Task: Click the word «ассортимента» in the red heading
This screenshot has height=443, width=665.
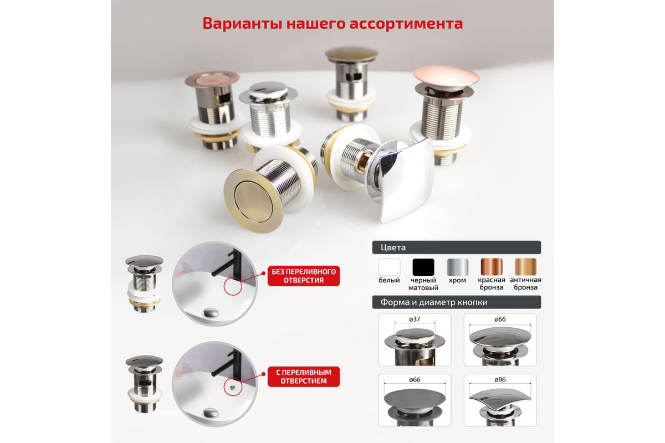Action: tap(406, 23)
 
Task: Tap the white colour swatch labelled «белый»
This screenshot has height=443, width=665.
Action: tap(389, 267)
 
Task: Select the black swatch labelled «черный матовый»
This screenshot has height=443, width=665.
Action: tap(423, 267)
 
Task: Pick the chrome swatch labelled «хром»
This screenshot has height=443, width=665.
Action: tap(457, 267)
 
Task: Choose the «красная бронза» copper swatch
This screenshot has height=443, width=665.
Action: tap(492, 267)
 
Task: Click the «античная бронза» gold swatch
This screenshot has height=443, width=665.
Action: tap(525, 267)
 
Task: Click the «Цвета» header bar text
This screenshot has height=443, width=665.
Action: tap(393, 248)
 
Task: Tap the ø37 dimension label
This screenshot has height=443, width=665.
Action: tap(415, 320)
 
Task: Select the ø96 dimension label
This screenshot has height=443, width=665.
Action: tap(500, 380)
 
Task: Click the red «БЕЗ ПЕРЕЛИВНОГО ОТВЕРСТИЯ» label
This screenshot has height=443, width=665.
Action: tap(304, 276)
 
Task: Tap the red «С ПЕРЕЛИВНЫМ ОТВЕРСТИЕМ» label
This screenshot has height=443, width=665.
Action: tap(304, 377)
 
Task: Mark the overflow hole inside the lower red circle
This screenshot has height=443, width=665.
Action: tap(232, 387)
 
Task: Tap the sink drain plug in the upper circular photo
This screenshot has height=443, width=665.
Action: tap(211, 312)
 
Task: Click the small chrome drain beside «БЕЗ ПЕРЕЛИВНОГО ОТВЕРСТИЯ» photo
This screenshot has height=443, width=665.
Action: tap(144, 284)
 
